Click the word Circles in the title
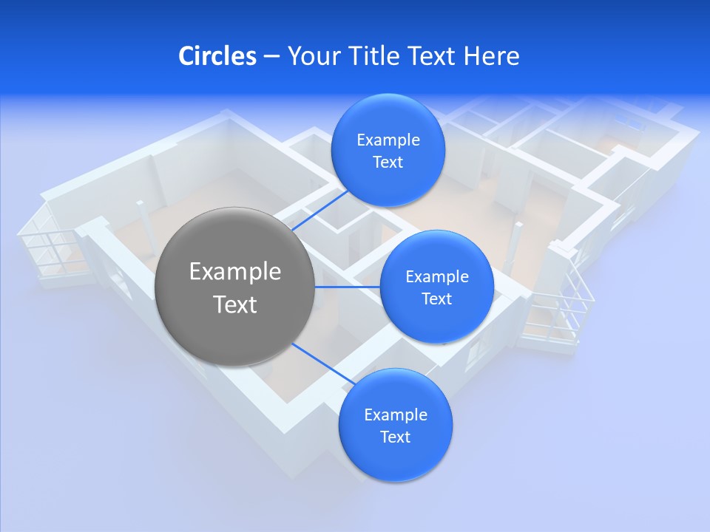[217, 56]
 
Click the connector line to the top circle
[319, 210]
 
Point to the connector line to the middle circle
[348, 287]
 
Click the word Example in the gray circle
[234, 272]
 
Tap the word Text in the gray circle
[234, 304]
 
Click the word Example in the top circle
[388, 140]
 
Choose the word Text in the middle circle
[436, 299]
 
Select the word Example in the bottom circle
[396, 415]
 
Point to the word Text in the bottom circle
[395, 437]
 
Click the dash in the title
[271, 57]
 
